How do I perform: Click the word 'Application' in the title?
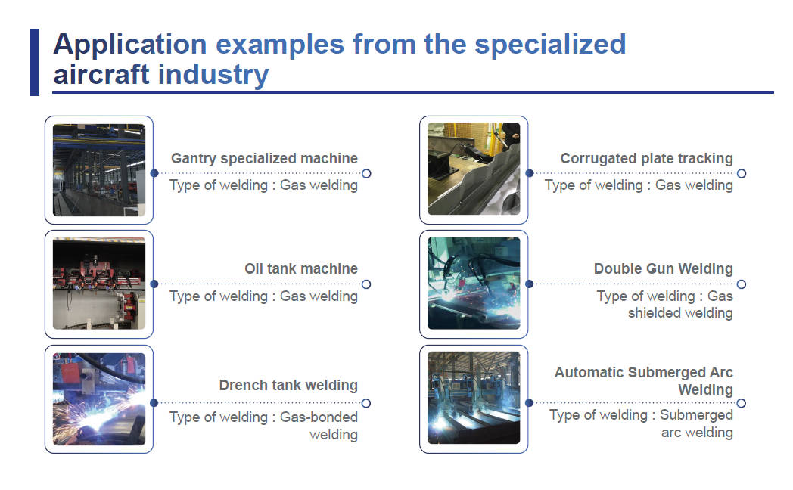coord(129,45)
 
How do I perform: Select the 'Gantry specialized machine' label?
coord(264,159)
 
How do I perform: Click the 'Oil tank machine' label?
coord(301,269)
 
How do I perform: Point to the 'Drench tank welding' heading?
coord(288,386)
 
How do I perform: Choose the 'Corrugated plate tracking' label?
coord(646,159)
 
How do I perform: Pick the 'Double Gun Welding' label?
coord(663,269)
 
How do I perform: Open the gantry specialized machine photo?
coord(99,170)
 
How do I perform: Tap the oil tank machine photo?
coord(99,284)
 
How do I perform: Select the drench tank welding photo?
coord(99,399)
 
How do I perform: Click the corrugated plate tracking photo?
coord(474,170)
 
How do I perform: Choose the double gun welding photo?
coord(474,284)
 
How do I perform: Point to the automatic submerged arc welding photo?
coord(474,399)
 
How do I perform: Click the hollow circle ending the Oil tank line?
coord(366,284)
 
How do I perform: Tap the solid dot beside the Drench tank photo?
coord(154,403)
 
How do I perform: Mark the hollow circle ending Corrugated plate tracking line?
coord(742,173)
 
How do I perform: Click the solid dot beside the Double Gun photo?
coord(529,284)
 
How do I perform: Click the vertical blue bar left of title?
coord(35,62)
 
